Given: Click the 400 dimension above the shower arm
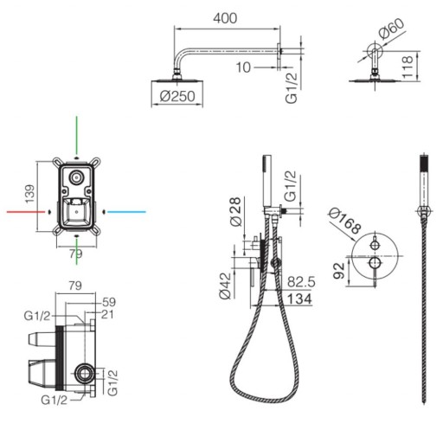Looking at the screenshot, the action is click(x=225, y=18).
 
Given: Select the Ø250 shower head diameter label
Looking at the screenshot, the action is click(x=177, y=96).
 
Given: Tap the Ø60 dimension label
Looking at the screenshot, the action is click(x=392, y=29).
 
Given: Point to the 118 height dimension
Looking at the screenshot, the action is click(x=408, y=67).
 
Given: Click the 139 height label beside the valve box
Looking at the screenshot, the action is click(x=29, y=194).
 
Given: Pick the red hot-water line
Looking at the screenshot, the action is click(x=26, y=212).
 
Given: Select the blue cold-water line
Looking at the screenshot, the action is click(x=126, y=212).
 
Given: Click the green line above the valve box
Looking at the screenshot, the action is click(x=76, y=135).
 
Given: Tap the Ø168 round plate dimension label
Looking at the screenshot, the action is click(x=345, y=221).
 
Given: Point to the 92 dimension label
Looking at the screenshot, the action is click(x=339, y=271).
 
